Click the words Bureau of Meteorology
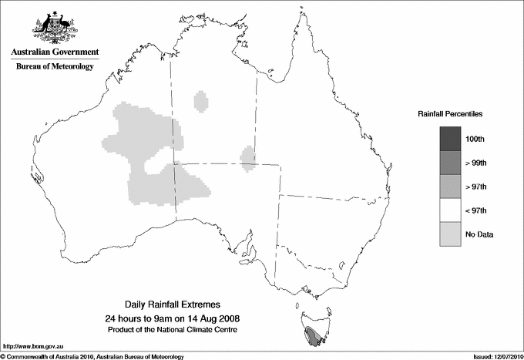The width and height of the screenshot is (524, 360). tap(55, 67)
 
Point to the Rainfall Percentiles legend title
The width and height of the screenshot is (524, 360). tap(450, 113)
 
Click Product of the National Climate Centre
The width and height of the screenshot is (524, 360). tap(172, 329)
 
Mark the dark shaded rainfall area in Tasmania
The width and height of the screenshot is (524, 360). tap(315, 336)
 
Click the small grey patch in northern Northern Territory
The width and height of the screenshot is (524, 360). tap(201, 101)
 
